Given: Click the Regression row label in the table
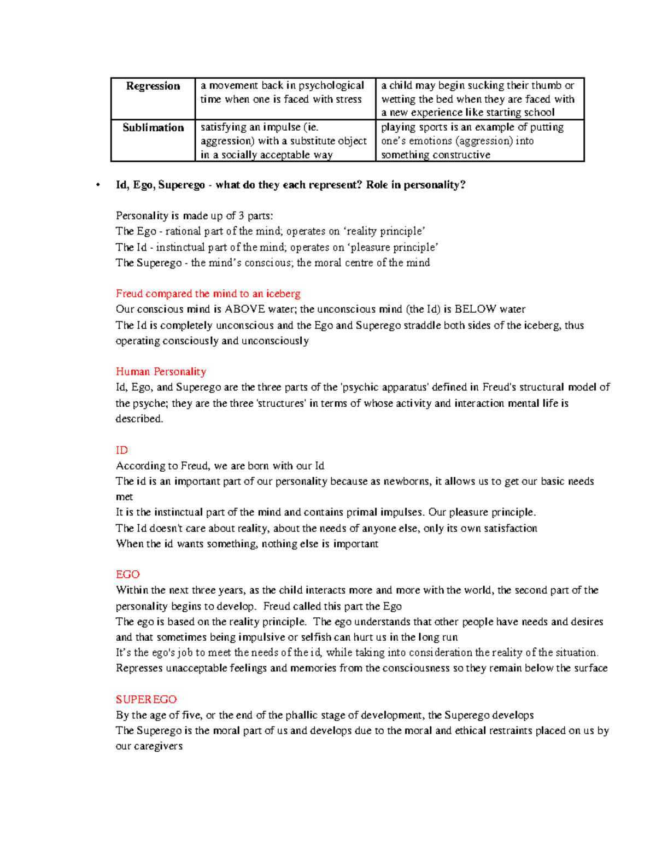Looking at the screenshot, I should (x=153, y=86).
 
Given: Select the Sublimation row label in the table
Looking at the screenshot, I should (x=153, y=128).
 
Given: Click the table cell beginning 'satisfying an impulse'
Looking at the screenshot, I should (x=283, y=141).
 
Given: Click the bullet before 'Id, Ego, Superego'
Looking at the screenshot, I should (x=98, y=185).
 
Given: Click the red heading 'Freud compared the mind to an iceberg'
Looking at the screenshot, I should (x=208, y=294).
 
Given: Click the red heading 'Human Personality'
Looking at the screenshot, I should (x=161, y=372).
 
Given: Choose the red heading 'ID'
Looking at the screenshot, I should (x=122, y=450).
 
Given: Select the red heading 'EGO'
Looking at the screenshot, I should (x=128, y=575).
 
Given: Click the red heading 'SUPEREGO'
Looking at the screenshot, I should (x=146, y=700).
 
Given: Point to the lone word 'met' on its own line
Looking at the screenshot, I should (x=124, y=497).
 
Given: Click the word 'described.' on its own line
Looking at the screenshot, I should (x=139, y=419).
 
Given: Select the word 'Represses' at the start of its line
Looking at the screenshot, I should (x=139, y=669).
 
